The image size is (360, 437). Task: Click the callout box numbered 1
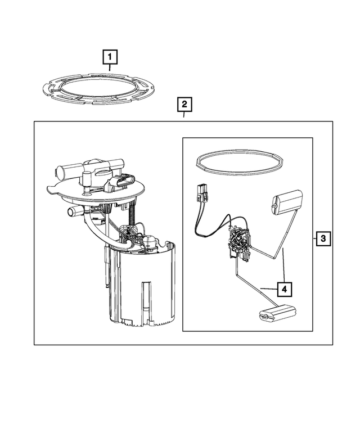click(110, 56)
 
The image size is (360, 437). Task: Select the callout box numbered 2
click(184, 104)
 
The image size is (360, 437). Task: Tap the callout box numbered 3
click(323, 239)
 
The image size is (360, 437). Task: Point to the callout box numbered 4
click(284, 289)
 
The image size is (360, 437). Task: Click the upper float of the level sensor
click(287, 201)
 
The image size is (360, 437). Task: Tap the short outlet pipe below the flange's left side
click(74, 211)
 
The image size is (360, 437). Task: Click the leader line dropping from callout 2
click(184, 116)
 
